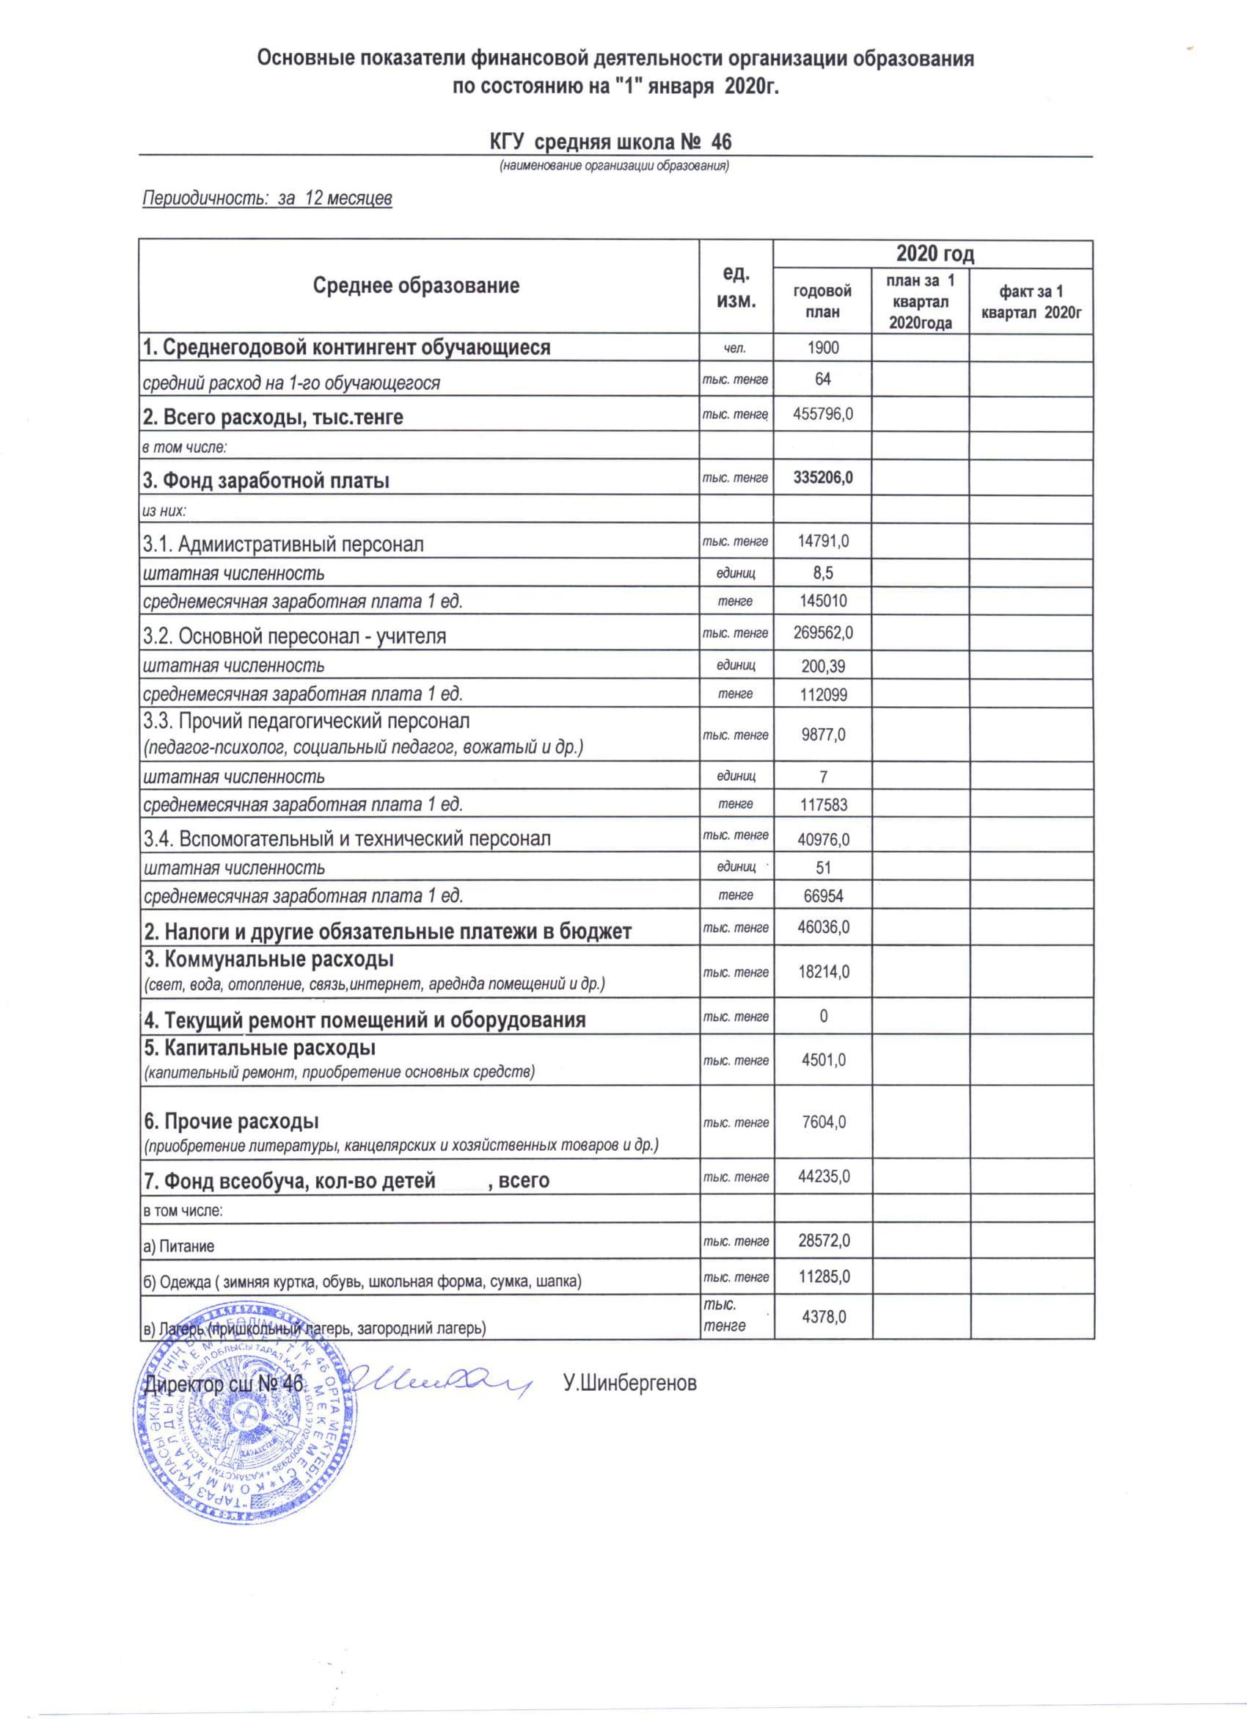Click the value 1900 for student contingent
pyautogui.click(x=823, y=347)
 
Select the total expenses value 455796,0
pyautogui.click(x=823, y=414)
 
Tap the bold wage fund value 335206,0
pyautogui.click(x=823, y=478)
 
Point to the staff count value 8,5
pyautogui.click(x=823, y=573)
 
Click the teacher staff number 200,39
pyautogui.click(x=823, y=666)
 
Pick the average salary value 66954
pyautogui.click(x=823, y=896)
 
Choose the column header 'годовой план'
pyautogui.click(x=822, y=301)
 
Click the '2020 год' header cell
pyautogui.click(x=934, y=254)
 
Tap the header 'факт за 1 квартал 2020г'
pyautogui.click(x=1031, y=301)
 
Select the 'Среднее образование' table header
pyautogui.click(x=416, y=286)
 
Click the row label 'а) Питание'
pyautogui.click(x=180, y=1246)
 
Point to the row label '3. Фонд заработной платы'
pyautogui.click(x=266, y=481)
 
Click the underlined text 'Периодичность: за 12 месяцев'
pyautogui.click(x=268, y=199)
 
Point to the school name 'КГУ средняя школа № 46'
pyautogui.click(x=610, y=142)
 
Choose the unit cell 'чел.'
pyautogui.click(x=735, y=348)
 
